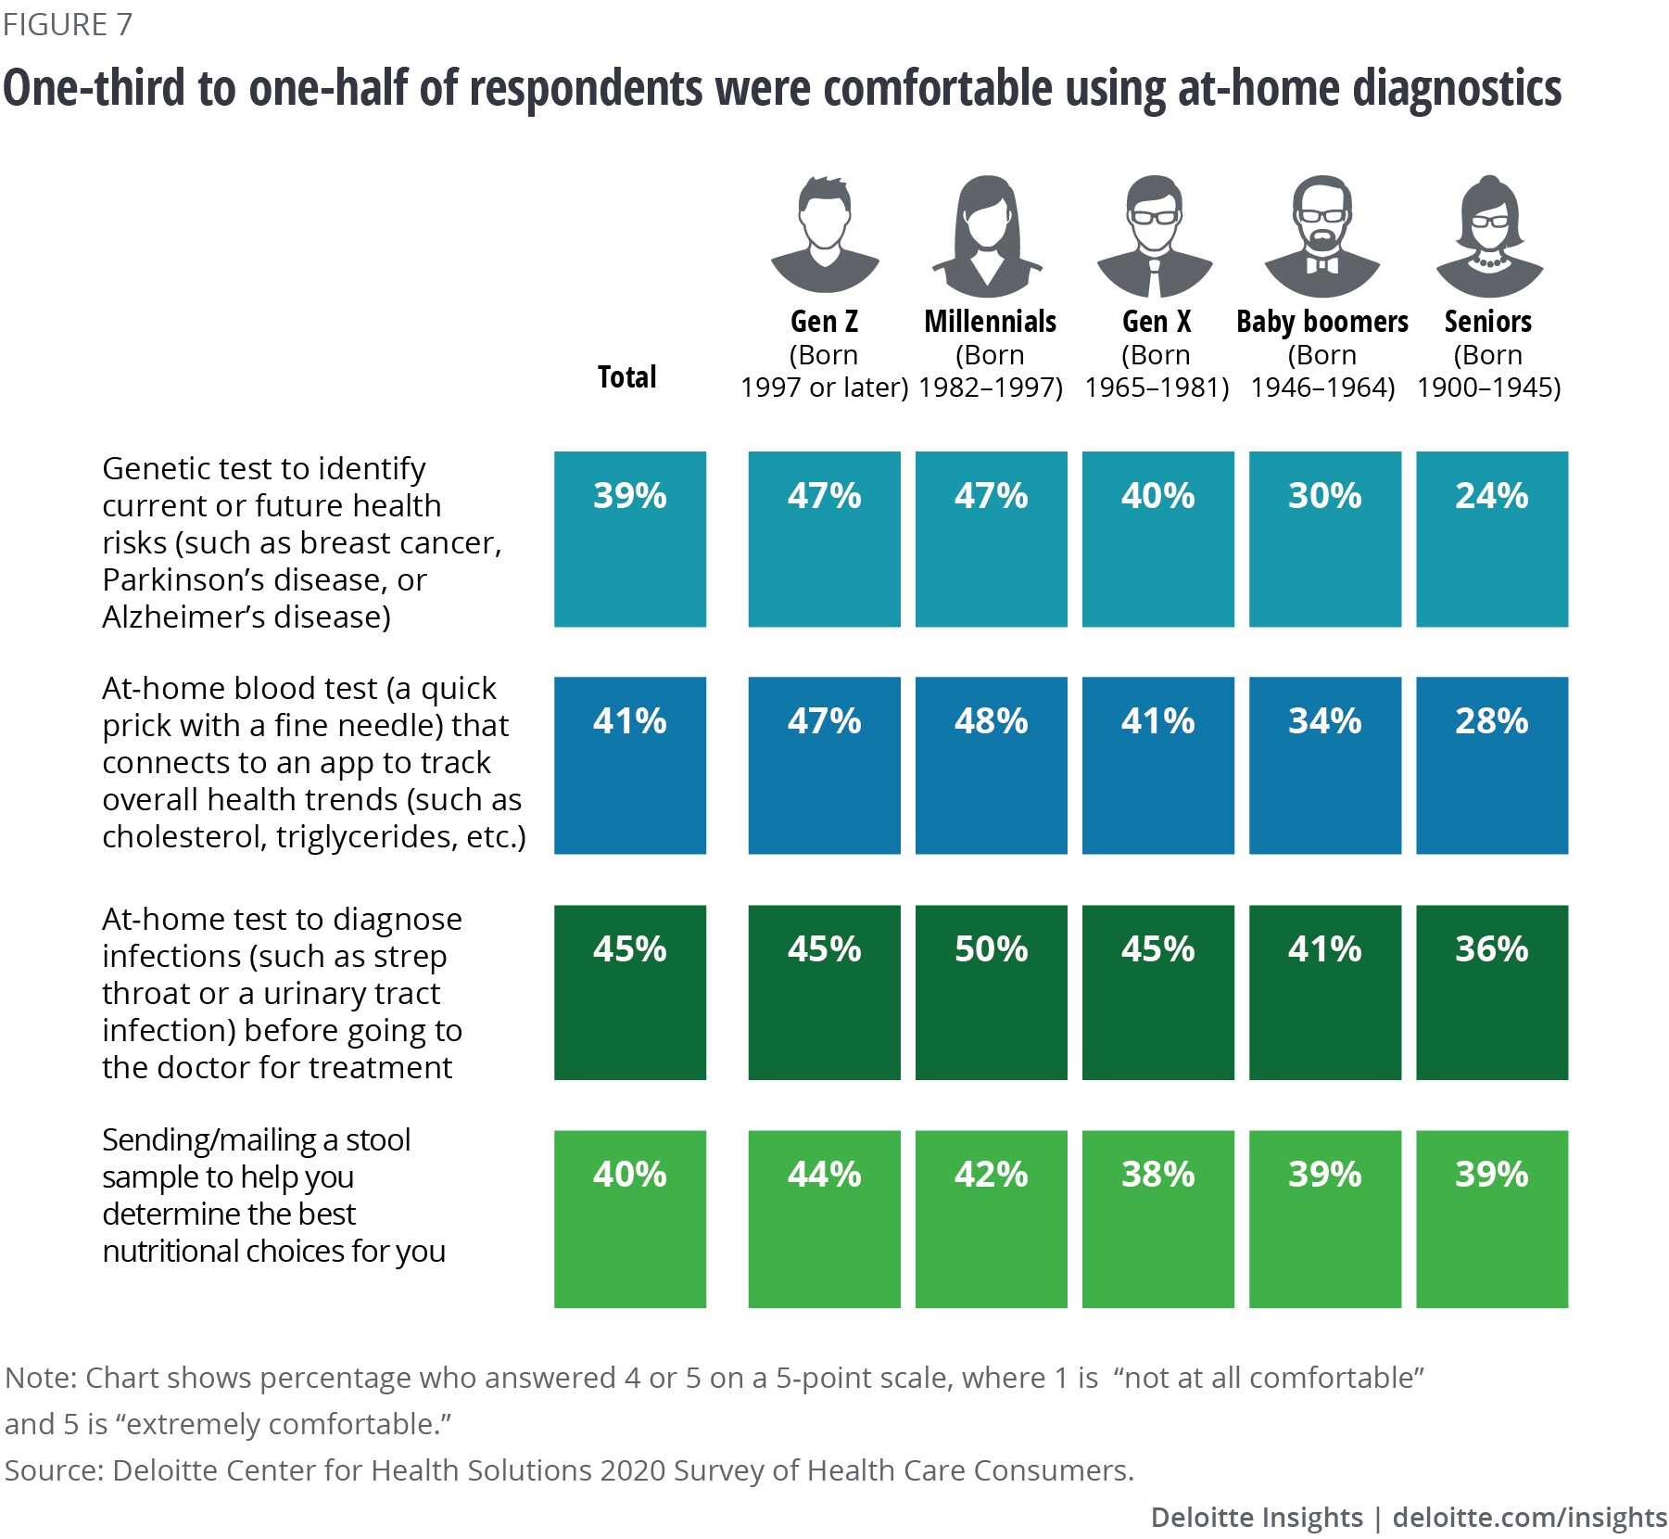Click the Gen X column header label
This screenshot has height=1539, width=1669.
tap(1157, 322)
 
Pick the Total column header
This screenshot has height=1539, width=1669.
tap(627, 377)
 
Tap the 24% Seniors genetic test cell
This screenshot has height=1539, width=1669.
tap(1492, 539)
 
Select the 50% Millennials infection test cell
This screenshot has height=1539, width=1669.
tap(992, 992)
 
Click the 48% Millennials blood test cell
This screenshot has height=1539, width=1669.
tap(992, 765)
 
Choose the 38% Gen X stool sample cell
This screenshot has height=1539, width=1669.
tap(1158, 1218)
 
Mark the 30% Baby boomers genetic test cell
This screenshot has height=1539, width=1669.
tap(1325, 539)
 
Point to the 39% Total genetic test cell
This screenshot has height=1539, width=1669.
tap(630, 539)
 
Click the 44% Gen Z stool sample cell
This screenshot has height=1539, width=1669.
tap(825, 1218)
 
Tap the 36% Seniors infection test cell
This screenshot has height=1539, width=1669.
tap(1492, 992)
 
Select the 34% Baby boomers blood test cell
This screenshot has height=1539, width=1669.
tap(1325, 765)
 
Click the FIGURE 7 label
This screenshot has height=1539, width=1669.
tap(68, 25)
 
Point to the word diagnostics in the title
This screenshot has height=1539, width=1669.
tap(1457, 89)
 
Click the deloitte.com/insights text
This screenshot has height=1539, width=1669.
tap(1529, 1517)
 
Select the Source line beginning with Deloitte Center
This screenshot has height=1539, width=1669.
tap(569, 1470)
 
